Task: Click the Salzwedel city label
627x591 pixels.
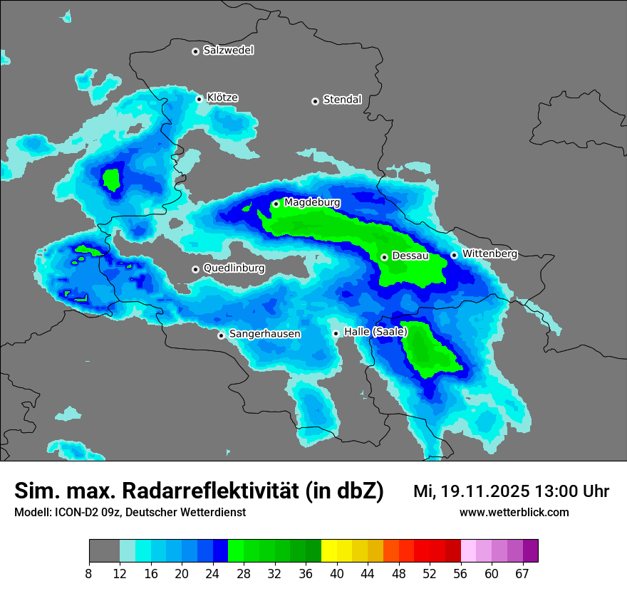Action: pos(228,51)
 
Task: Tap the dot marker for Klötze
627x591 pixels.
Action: pos(199,99)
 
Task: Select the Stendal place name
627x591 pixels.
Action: pos(342,100)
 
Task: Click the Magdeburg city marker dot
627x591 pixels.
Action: pos(276,204)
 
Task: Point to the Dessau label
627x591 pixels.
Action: pos(410,256)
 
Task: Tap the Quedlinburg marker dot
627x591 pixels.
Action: pos(195,269)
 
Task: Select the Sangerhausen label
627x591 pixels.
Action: pos(264,334)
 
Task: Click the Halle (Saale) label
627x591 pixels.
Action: pos(375,332)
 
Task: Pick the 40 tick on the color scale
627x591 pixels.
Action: pos(336,573)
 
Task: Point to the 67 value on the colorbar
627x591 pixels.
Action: pos(522,573)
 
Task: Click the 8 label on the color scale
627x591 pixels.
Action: pos(89,573)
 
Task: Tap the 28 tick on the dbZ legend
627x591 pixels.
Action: pos(244,573)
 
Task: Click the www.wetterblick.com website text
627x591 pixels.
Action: pos(514,512)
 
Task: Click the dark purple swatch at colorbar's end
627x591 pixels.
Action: pos(530,551)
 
